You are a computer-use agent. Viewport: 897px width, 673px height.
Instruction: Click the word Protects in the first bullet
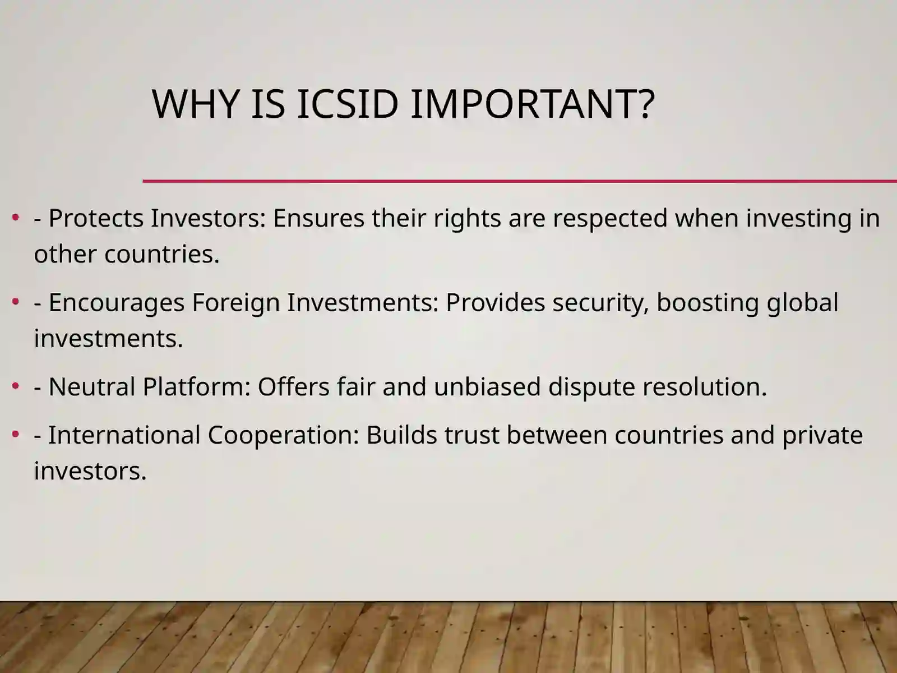point(96,218)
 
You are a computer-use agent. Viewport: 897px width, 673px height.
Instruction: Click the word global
point(803,303)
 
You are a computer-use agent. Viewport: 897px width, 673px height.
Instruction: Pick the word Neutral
point(92,387)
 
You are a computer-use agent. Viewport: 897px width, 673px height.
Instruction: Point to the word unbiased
point(487,386)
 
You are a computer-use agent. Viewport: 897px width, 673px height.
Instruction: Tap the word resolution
point(705,386)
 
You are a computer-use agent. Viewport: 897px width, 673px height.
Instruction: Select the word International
point(124,435)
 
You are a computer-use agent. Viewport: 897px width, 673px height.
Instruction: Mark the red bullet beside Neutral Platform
point(16,386)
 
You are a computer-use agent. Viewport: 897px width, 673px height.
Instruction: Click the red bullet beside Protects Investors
point(16,218)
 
